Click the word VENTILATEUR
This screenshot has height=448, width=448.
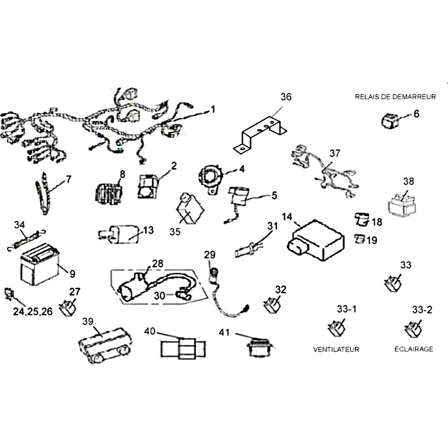click(336, 349)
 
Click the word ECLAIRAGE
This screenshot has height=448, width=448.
click(413, 349)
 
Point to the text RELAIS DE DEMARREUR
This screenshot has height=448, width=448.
click(395, 97)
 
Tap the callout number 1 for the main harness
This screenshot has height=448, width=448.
click(213, 110)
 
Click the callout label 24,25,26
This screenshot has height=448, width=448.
click(32, 311)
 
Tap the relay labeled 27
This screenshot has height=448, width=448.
click(69, 307)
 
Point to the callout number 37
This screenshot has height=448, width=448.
click(334, 153)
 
